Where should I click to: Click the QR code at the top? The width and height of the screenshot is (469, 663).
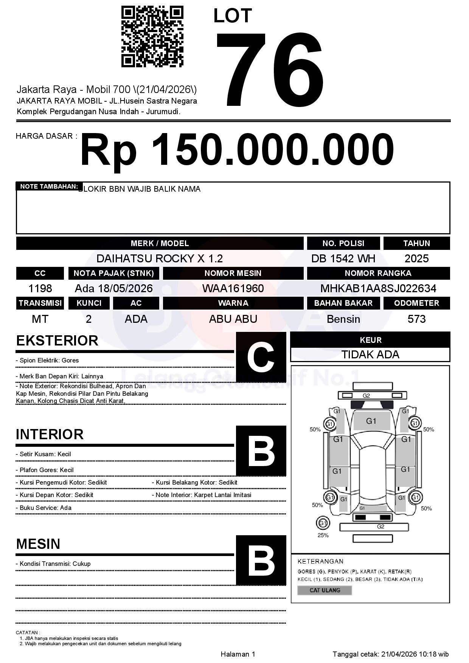click(152, 37)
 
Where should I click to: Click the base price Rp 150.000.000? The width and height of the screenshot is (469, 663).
click(237, 150)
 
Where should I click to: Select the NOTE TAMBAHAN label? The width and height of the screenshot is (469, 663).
click(49, 186)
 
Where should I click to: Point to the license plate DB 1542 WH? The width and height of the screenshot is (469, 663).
click(343, 259)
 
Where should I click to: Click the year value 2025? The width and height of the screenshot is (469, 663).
click(416, 259)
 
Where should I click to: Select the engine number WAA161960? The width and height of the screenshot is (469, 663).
click(233, 288)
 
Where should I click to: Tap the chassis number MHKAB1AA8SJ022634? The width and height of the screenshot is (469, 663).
click(378, 288)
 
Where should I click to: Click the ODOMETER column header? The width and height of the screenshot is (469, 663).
click(416, 303)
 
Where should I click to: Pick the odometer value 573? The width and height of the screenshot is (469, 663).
click(416, 319)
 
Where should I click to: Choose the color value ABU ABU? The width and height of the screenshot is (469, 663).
click(233, 319)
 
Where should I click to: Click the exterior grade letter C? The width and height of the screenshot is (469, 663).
click(261, 357)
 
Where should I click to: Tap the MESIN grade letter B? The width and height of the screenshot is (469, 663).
click(261, 560)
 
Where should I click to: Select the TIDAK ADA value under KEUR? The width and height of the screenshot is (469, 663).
click(370, 355)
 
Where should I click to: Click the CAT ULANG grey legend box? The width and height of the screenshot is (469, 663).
click(325, 590)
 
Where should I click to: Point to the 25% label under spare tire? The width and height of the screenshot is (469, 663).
click(323, 535)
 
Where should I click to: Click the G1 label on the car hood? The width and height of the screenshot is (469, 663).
click(371, 421)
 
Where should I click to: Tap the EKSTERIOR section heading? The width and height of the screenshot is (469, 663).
click(57, 341)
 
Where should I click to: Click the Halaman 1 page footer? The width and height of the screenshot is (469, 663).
click(238, 654)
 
